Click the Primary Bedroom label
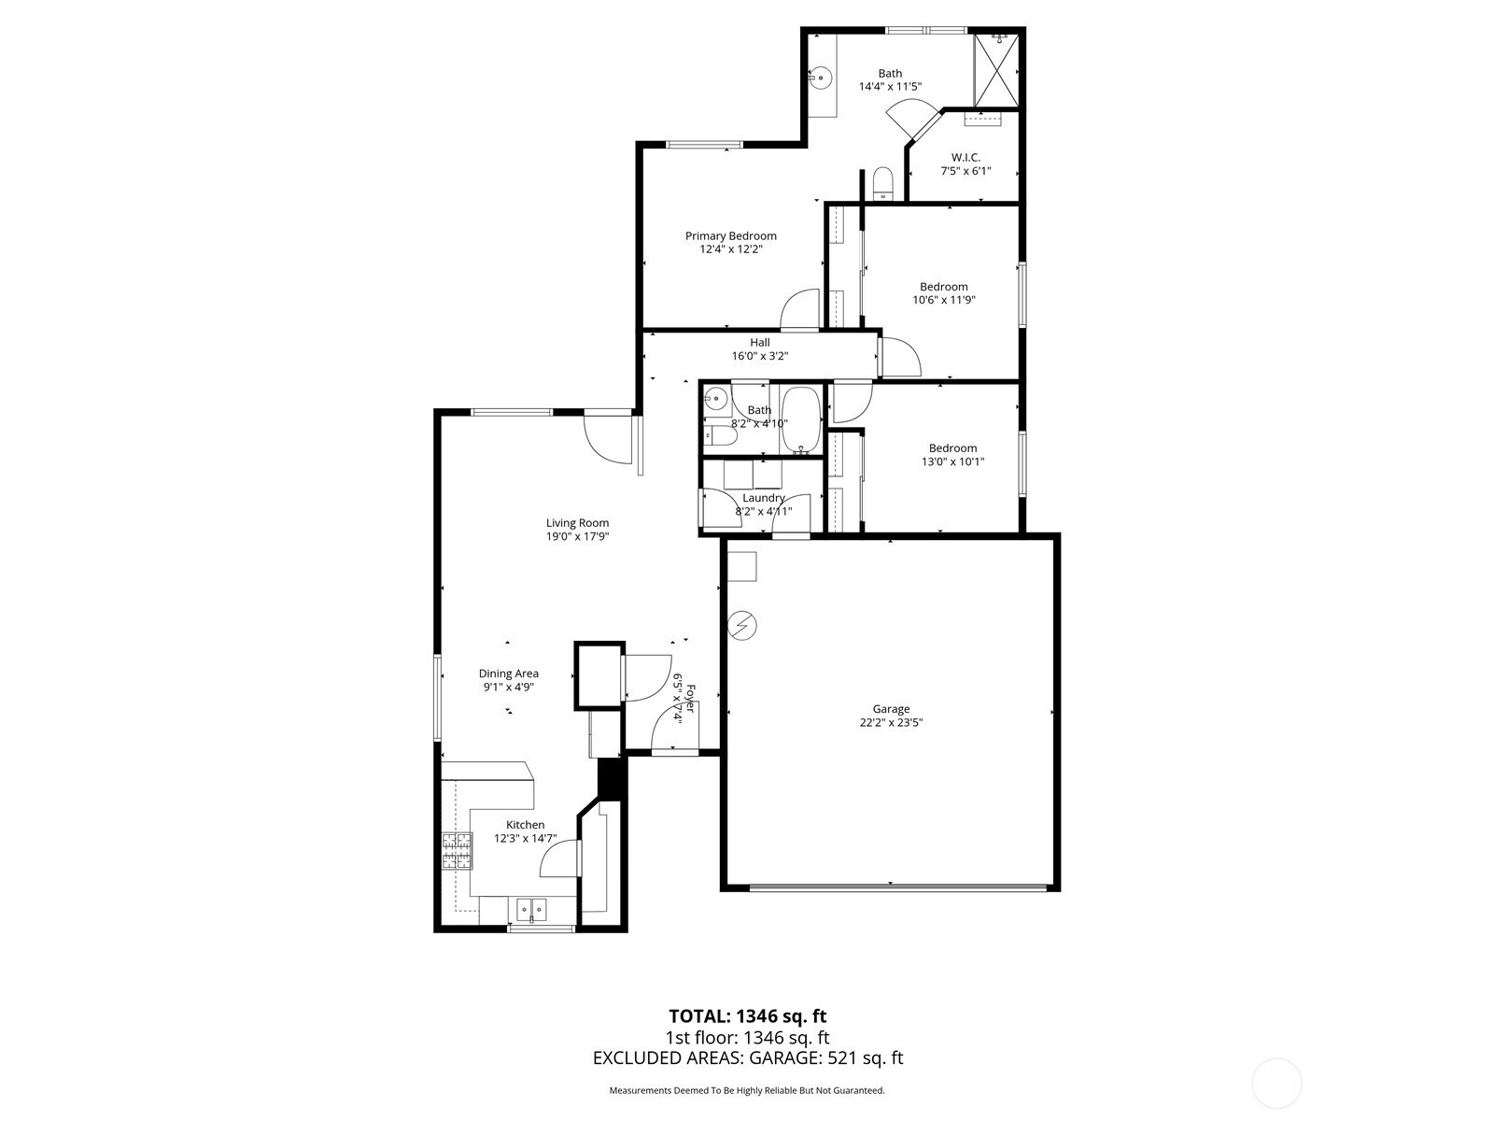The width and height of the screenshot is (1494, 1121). tap(730, 236)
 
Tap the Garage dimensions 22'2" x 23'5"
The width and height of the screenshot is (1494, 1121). tap(891, 722)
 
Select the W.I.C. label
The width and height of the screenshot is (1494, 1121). tap(965, 158)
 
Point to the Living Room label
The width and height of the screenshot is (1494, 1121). tap(577, 523)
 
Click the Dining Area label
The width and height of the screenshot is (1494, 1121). tap(509, 674)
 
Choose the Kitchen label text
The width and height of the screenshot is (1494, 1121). tap(525, 824)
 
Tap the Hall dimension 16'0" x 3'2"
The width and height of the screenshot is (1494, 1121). tap(759, 355)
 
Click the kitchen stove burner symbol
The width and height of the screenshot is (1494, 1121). tap(457, 851)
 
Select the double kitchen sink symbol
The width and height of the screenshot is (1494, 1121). tap(531, 908)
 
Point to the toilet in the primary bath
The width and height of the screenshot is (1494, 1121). tap(882, 182)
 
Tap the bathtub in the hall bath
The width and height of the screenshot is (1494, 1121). tap(801, 420)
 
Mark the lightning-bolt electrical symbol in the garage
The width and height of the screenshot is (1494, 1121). tap(742, 625)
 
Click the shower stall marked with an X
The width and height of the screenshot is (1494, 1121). tap(995, 71)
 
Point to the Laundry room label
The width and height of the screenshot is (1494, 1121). tap(764, 498)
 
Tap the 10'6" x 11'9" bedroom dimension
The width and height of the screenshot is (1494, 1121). tap(943, 300)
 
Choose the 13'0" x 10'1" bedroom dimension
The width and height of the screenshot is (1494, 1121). tap(953, 461)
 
